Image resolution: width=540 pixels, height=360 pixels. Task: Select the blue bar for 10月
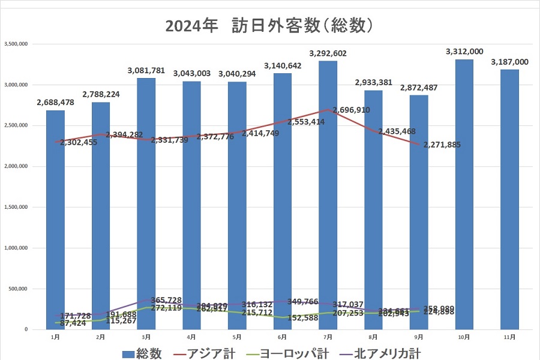point(464,192)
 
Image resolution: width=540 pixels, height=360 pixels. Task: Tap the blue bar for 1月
point(55,219)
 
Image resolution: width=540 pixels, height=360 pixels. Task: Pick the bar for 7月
point(328,192)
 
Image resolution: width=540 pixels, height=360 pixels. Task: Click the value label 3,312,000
point(464,52)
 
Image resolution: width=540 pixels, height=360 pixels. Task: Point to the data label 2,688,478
point(55,102)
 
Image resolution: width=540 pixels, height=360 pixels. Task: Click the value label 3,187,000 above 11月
point(509,62)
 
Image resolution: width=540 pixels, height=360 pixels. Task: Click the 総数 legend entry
point(142,353)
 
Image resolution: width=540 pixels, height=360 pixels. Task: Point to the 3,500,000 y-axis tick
point(15,44)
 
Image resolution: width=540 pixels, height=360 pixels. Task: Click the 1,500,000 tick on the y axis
point(15,207)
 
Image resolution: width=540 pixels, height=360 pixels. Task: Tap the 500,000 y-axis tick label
point(17,289)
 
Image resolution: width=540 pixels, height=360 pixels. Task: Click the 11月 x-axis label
point(509,337)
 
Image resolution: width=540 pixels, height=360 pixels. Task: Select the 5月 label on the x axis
point(237,337)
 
